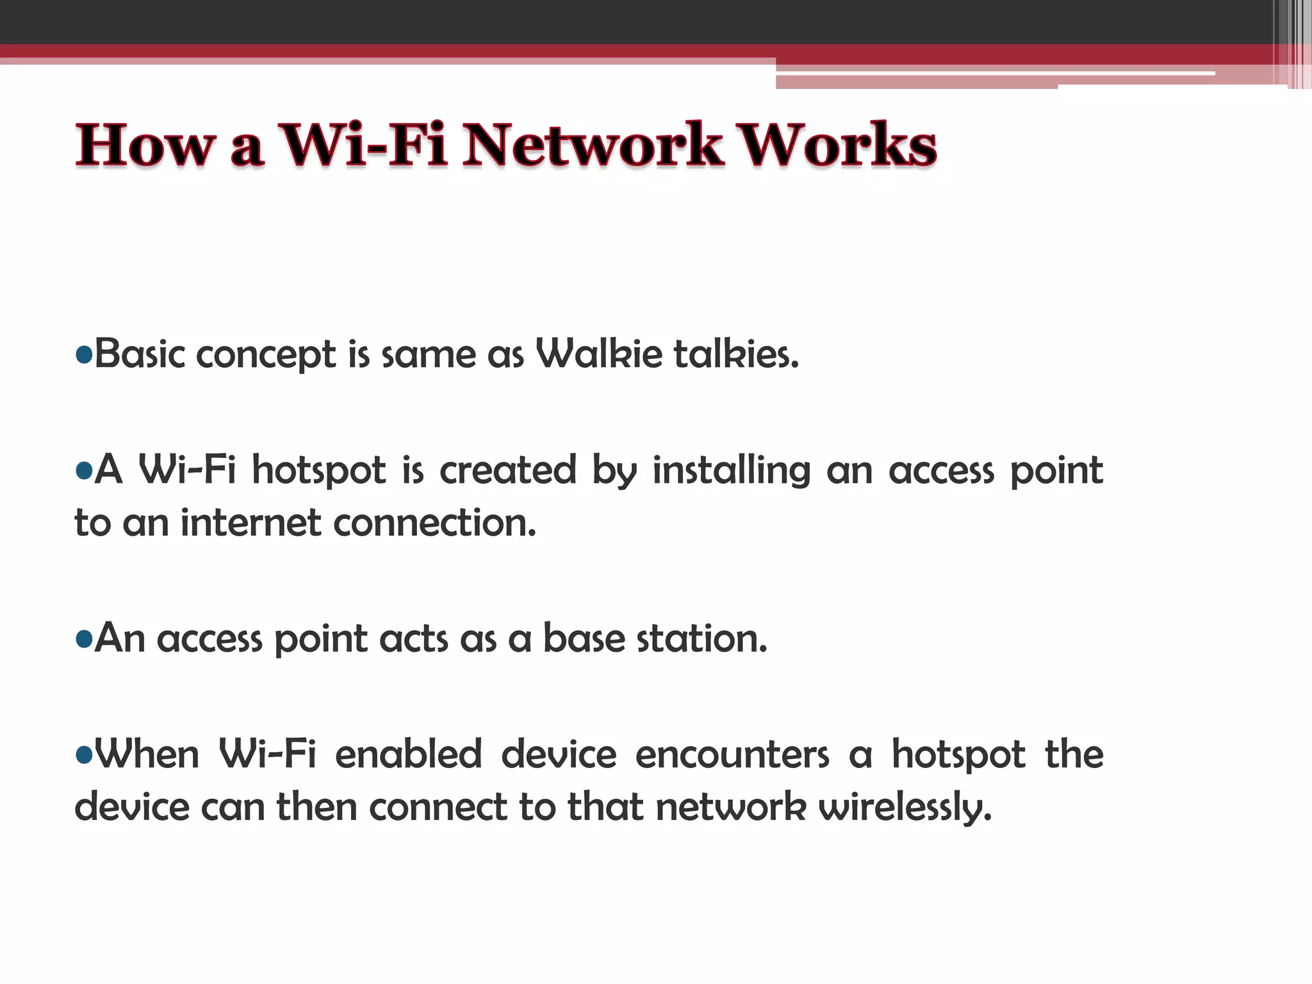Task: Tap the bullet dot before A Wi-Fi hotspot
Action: tap(84, 471)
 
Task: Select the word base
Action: tap(584, 639)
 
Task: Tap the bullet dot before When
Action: tap(84, 755)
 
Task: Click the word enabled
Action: tap(409, 755)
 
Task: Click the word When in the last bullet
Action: tap(147, 755)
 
